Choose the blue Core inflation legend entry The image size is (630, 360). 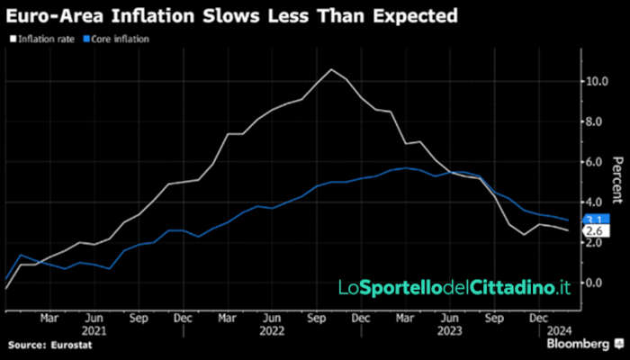pyautogui.click(x=119, y=40)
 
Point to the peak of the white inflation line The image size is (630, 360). pyautogui.click(x=331, y=69)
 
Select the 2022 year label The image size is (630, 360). pyautogui.click(x=270, y=329)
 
